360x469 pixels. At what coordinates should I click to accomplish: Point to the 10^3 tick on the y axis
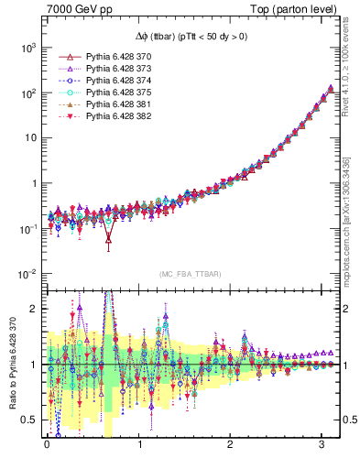point(27,47)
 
